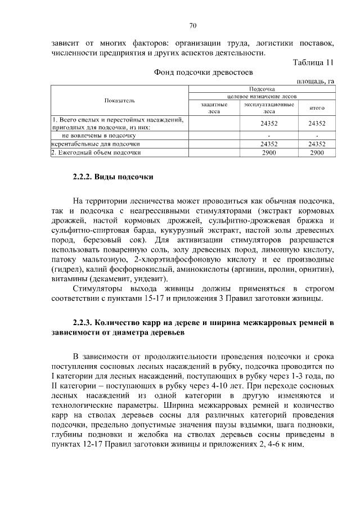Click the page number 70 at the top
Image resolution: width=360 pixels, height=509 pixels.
click(x=192, y=25)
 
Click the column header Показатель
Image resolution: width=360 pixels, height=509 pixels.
click(x=119, y=100)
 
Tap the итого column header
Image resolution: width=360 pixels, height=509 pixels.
click(x=317, y=107)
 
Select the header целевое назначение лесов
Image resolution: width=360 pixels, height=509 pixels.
click(x=261, y=96)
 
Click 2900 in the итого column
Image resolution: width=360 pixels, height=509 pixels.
click(x=317, y=152)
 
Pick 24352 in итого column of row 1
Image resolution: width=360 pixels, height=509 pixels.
click(x=317, y=123)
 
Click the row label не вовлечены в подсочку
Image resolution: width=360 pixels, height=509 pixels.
click(x=98, y=136)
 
